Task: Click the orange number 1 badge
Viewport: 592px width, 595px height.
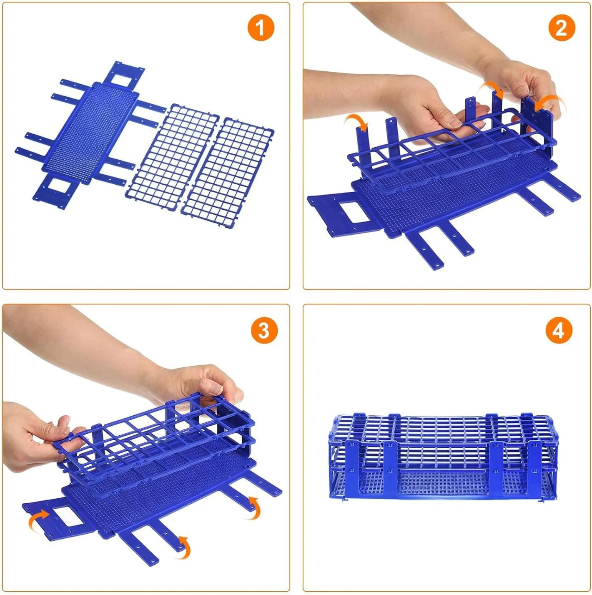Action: pos(261,28)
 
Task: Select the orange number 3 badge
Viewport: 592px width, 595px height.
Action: pos(263,330)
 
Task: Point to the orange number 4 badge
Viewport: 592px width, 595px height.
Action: pos(559,330)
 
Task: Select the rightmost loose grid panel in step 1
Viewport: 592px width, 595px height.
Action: pos(227,167)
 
